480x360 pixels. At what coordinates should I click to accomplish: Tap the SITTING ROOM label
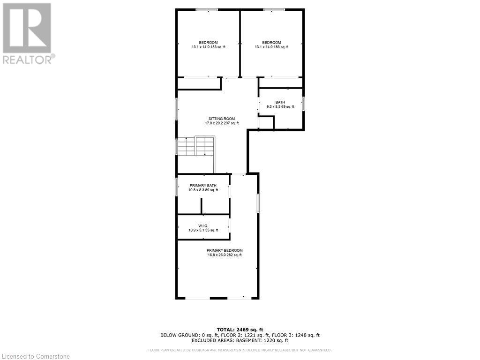click(222, 119)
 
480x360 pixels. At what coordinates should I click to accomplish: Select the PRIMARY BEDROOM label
click(225, 250)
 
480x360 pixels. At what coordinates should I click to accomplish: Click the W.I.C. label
click(203, 225)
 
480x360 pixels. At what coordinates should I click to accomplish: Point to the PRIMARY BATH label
click(203, 186)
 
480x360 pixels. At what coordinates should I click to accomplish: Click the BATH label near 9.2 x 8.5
click(280, 102)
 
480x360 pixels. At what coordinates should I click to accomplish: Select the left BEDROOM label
click(208, 43)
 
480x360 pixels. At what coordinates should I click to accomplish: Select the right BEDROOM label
click(271, 43)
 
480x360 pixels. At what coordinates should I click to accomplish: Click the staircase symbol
click(195, 146)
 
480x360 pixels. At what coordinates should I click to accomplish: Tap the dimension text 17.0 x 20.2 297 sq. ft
click(222, 123)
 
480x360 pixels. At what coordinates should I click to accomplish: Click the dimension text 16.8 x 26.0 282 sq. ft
click(225, 255)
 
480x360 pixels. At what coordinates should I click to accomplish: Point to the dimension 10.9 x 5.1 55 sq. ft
click(203, 230)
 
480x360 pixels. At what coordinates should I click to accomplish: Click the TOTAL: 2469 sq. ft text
click(240, 330)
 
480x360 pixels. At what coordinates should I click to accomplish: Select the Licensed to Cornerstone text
click(36, 356)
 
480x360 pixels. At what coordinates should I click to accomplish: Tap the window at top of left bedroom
click(206, 9)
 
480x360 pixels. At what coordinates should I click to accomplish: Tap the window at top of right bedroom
click(273, 9)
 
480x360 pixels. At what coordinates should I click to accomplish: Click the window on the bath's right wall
click(304, 103)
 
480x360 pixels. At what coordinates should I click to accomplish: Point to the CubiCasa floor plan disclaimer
click(240, 350)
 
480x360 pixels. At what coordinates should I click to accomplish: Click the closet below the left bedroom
click(199, 83)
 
